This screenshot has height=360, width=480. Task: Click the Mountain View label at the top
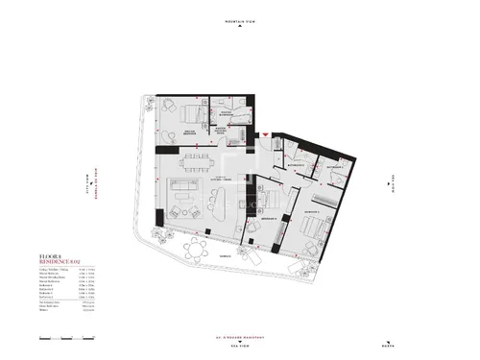(x=239, y=18)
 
